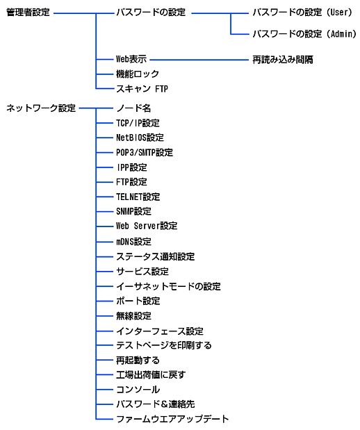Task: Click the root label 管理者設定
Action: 28,13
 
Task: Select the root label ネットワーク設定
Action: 41,108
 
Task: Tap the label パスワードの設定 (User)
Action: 302,13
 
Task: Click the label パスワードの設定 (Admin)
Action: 304,34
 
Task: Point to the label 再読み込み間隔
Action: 283,60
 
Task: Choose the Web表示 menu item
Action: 131,59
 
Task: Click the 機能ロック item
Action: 138,74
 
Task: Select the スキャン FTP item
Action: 142,89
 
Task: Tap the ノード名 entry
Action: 133,108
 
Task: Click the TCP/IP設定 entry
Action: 138,123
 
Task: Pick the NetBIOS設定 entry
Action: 140,138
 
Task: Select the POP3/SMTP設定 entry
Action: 145,152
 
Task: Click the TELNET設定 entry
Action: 138,197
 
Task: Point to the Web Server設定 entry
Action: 147,226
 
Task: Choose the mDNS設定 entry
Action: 133,242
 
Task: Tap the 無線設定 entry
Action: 133,316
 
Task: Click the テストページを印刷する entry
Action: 164,345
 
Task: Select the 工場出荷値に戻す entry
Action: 151,375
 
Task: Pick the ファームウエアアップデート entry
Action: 172,420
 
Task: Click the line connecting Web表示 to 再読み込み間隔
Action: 199,60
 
